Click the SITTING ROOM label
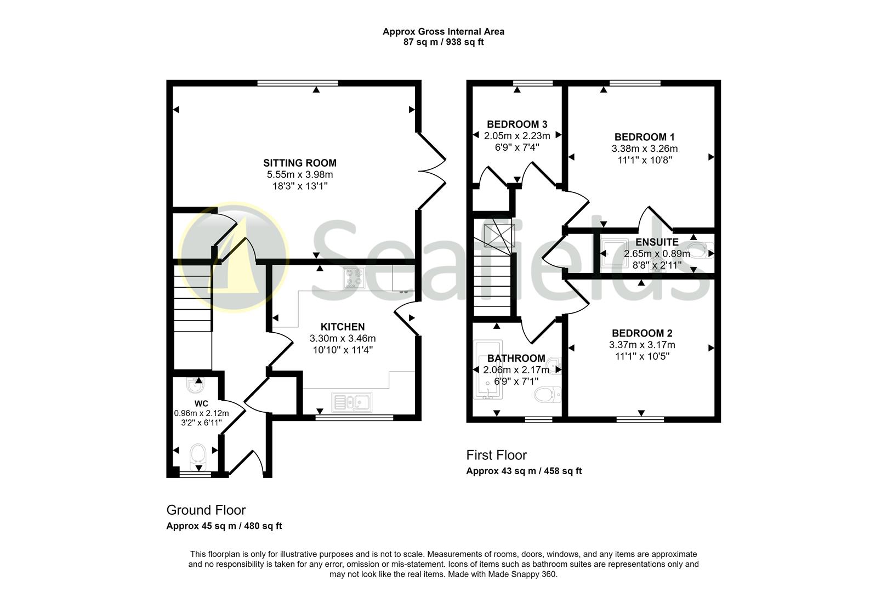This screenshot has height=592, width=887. click(299, 163)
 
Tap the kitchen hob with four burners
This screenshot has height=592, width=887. click(354, 278)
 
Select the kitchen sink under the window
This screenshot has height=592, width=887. click(352, 402)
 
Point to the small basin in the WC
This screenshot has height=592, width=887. click(195, 386)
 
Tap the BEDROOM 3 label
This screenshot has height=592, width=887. click(517, 124)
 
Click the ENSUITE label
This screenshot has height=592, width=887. click(657, 242)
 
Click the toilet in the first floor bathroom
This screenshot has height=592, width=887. click(547, 394)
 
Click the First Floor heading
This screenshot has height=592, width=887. click(496, 455)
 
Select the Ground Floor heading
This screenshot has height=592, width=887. click(206, 510)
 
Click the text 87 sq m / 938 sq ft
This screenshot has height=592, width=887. click(443, 42)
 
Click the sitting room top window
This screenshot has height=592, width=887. click(298, 83)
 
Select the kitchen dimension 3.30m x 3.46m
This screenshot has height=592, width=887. click(343, 338)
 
